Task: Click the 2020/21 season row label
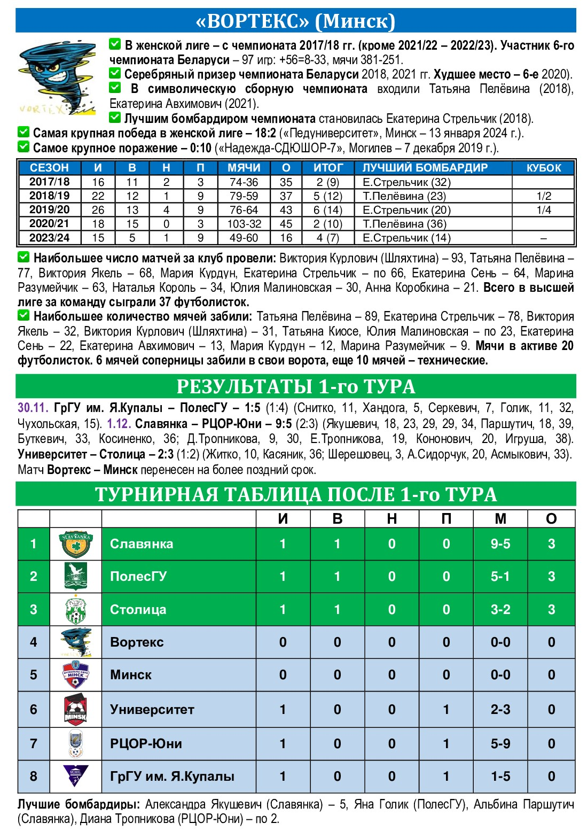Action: click(x=49, y=223)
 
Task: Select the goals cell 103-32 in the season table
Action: click(x=244, y=224)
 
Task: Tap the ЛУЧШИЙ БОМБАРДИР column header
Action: click(x=425, y=168)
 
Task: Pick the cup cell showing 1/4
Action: click(x=544, y=210)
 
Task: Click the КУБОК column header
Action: click(x=544, y=168)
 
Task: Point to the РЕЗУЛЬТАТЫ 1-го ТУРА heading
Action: click(x=295, y=386)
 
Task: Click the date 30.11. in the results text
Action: click(x=34, y=408)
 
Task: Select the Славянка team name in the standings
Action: click(x=142, y=544)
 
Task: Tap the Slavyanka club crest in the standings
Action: click(x=76, y=544)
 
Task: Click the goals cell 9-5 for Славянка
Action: click(x=500, y=544)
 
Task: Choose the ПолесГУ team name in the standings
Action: click(x=138, y=577)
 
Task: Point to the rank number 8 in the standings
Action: click(x=33, y=776)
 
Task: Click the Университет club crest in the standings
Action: click(x=76, y=709)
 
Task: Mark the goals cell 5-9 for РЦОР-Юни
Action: click(x=500, y=743)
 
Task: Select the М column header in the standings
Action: click(x=500, y=518)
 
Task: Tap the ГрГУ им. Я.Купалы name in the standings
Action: click(x=172, y=776)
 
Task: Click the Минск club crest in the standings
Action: click(x=76, y=675)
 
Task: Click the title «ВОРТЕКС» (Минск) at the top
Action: click(x=295, y=21)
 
